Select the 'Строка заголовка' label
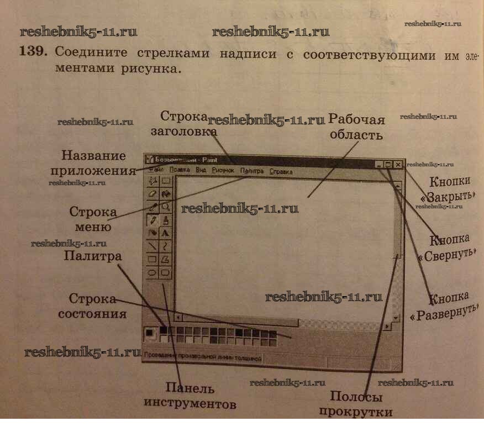(x=184, y=124)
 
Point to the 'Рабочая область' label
(x=356, y=127)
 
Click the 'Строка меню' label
(x=93, y=219)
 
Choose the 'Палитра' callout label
(x=92, y=256)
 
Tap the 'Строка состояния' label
(x=97, y=306)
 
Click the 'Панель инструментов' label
(x=190, y=396)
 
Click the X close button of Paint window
(x=398, y=164)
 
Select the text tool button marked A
(x=165, y=233)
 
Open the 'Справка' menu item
(x=281, y=172)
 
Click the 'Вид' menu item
(x=201, y=170)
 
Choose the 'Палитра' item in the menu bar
(x=252, y=171)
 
